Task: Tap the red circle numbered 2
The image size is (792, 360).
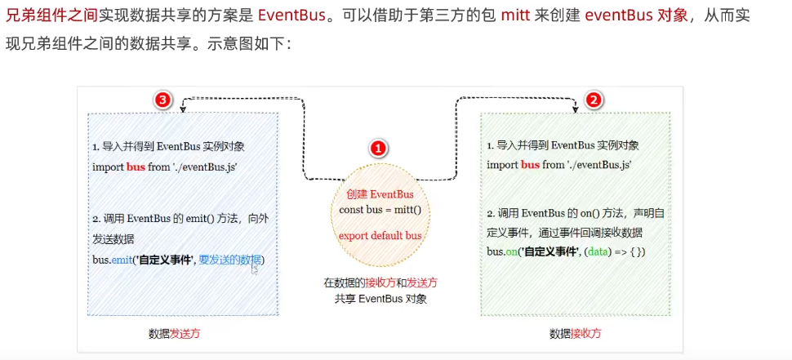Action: coord(594,100)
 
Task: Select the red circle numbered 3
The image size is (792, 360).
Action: coord(163,100)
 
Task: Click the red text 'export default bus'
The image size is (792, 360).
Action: coord(380,235)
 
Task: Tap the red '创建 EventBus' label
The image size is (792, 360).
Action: coord(380,194)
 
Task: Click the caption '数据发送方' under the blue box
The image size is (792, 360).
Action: coord(175,333)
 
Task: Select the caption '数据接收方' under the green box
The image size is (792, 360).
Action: coord(575,333)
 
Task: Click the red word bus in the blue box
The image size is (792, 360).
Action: coord(135,164)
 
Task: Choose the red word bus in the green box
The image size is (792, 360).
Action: coord(530,164)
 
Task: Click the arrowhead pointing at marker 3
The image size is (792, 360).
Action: coord(182,100)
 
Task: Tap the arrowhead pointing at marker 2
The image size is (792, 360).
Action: coord(576,100)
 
